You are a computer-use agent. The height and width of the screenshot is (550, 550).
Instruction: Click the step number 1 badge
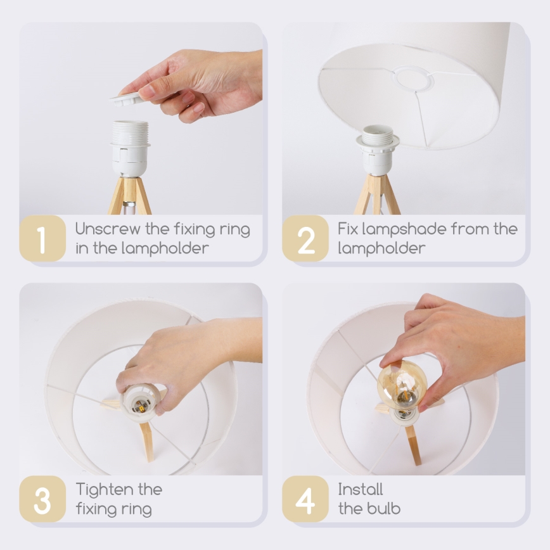coord(42,238)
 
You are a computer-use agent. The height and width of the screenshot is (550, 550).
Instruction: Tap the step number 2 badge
coord(305,238)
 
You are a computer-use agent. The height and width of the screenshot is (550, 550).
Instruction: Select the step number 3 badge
coord(42,499)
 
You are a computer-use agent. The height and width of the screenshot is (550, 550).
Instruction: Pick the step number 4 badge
coord(305,499)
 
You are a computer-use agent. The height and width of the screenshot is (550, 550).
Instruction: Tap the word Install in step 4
coord(360,490)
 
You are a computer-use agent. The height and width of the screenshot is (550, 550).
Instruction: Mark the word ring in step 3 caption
coord(137,509)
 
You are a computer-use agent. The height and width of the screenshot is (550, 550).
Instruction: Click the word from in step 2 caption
coord(470,229)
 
